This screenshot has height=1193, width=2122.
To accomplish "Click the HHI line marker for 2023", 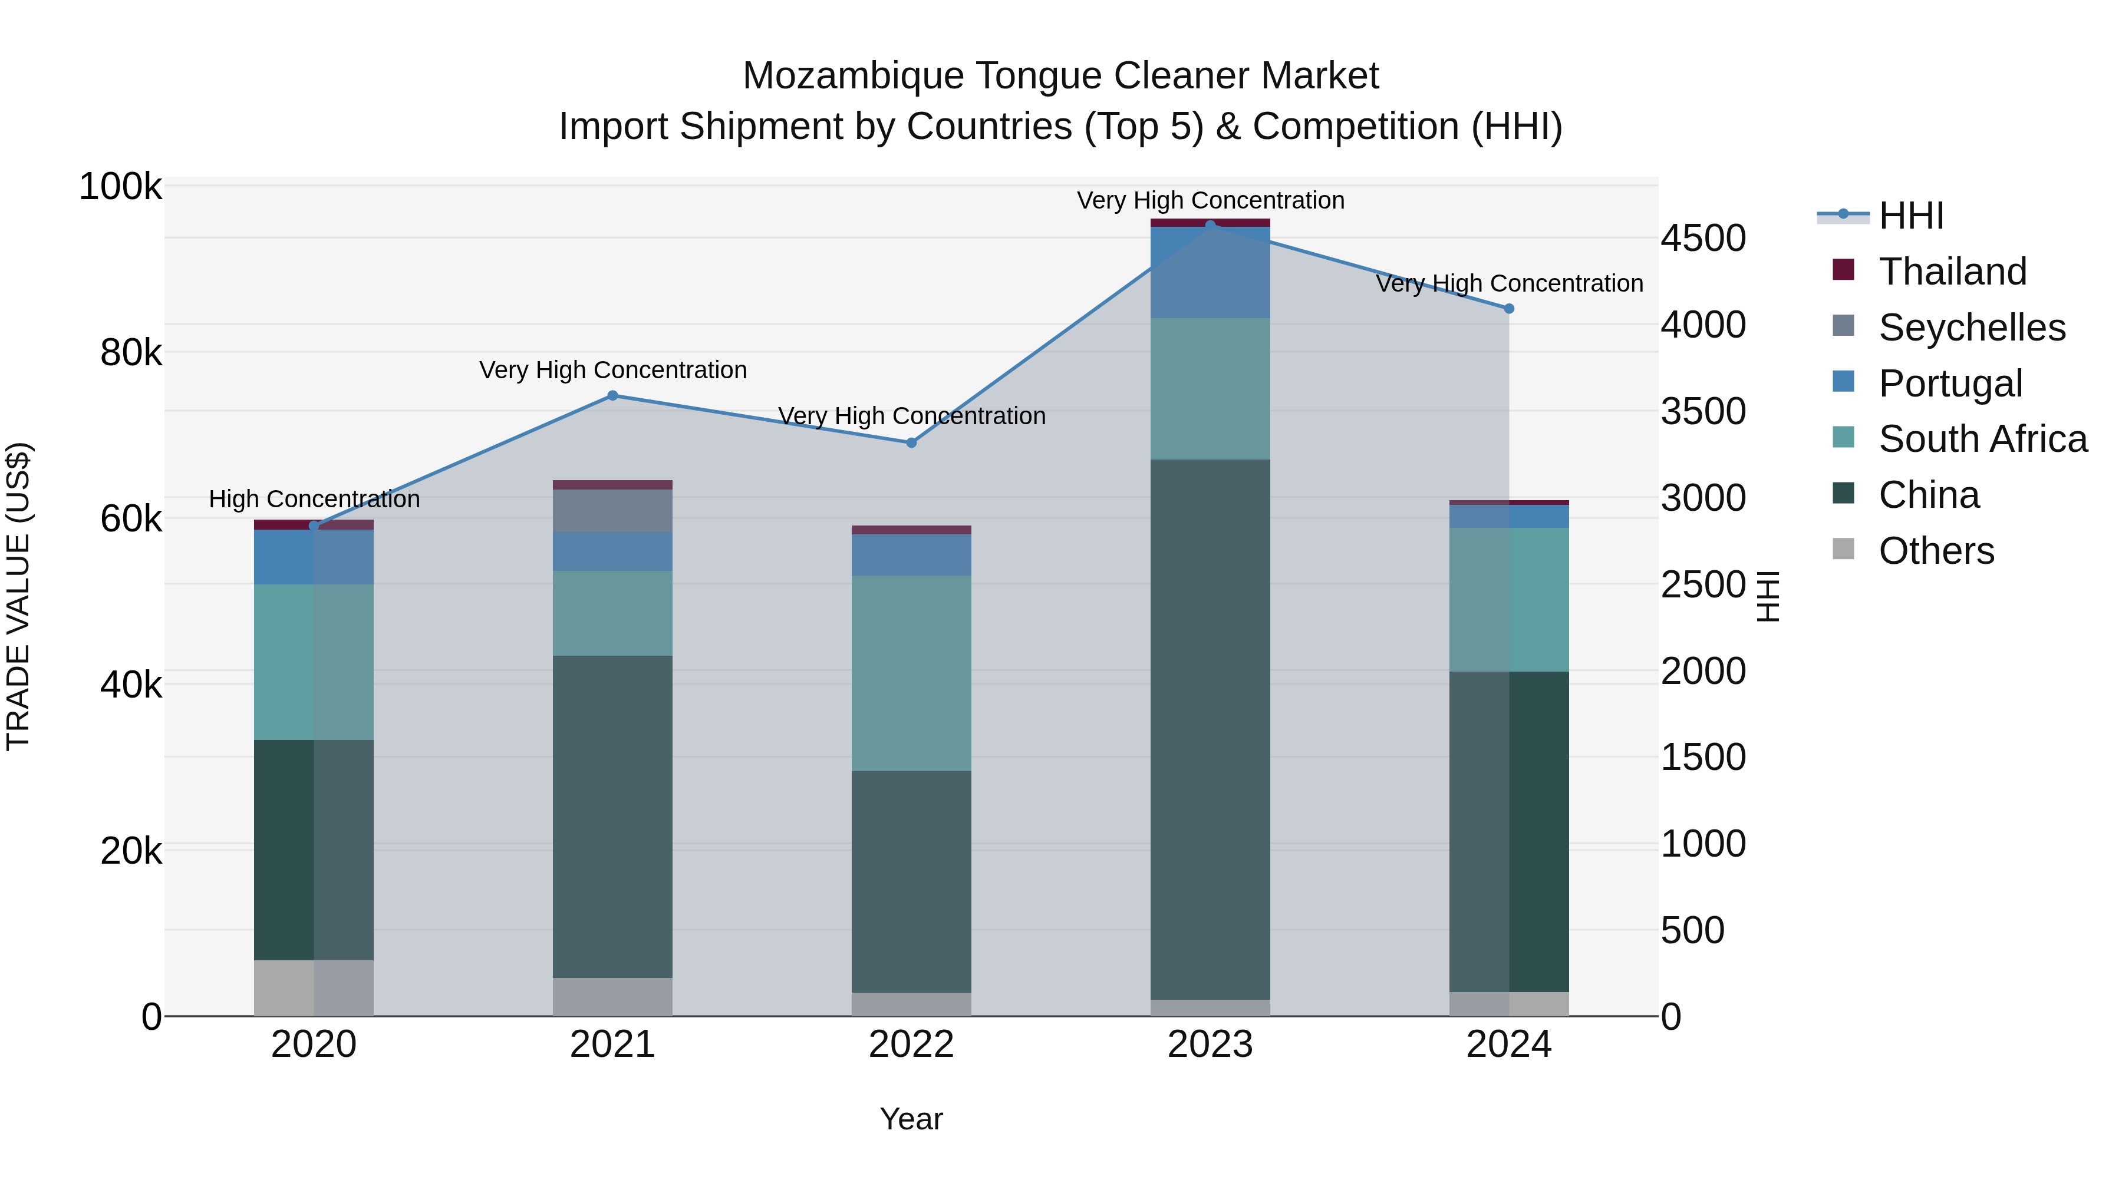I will click(1210, 225).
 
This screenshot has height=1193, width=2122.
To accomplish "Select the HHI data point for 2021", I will click(612, 396).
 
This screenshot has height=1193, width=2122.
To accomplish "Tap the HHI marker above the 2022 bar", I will click(911, 443).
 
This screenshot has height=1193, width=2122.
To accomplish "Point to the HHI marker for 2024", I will click(1509, 309).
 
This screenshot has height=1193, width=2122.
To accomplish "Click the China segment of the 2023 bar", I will click(1210, 729).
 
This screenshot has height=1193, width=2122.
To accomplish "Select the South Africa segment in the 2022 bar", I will click(911, 673).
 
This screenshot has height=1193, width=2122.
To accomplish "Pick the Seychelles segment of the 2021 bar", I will click(612, 510).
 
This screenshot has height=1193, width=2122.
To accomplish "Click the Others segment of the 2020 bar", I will click(313, 987).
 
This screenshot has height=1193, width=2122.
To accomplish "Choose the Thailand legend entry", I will click(1952, 272).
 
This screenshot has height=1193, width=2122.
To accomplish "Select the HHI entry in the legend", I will click(1911, 216).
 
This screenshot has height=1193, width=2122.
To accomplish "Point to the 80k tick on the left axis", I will click(131, 353).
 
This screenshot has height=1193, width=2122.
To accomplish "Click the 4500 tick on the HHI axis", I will click(1703, 239).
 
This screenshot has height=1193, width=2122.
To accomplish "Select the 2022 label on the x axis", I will click(911, 1045).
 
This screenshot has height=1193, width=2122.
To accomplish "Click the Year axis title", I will click(911, 1119).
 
